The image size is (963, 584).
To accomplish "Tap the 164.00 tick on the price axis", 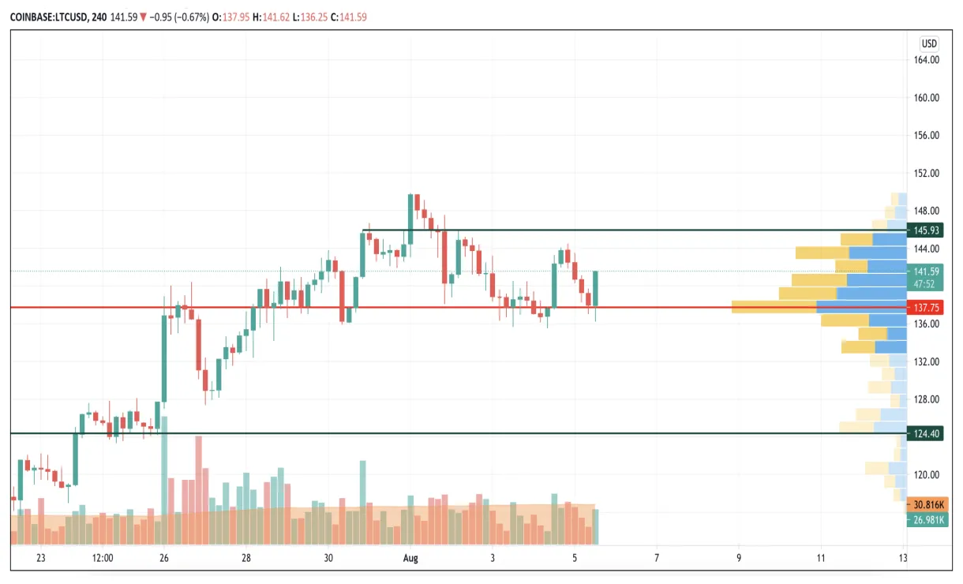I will coord(926,60).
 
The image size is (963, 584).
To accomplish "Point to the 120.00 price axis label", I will coord(926,475).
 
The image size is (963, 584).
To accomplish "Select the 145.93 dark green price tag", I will coord(926,230).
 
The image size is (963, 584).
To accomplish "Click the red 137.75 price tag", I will coord(926,307).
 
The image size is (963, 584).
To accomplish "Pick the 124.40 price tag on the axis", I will coord(926,433).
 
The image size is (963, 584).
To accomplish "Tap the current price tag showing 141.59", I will coord(926,271).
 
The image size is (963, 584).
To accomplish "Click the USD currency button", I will coord(929,43).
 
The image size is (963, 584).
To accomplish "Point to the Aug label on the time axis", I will coord(410,558).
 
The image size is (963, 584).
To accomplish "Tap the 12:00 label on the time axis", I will coord(103,558).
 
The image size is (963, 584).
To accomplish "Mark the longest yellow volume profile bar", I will coord(774,307).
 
